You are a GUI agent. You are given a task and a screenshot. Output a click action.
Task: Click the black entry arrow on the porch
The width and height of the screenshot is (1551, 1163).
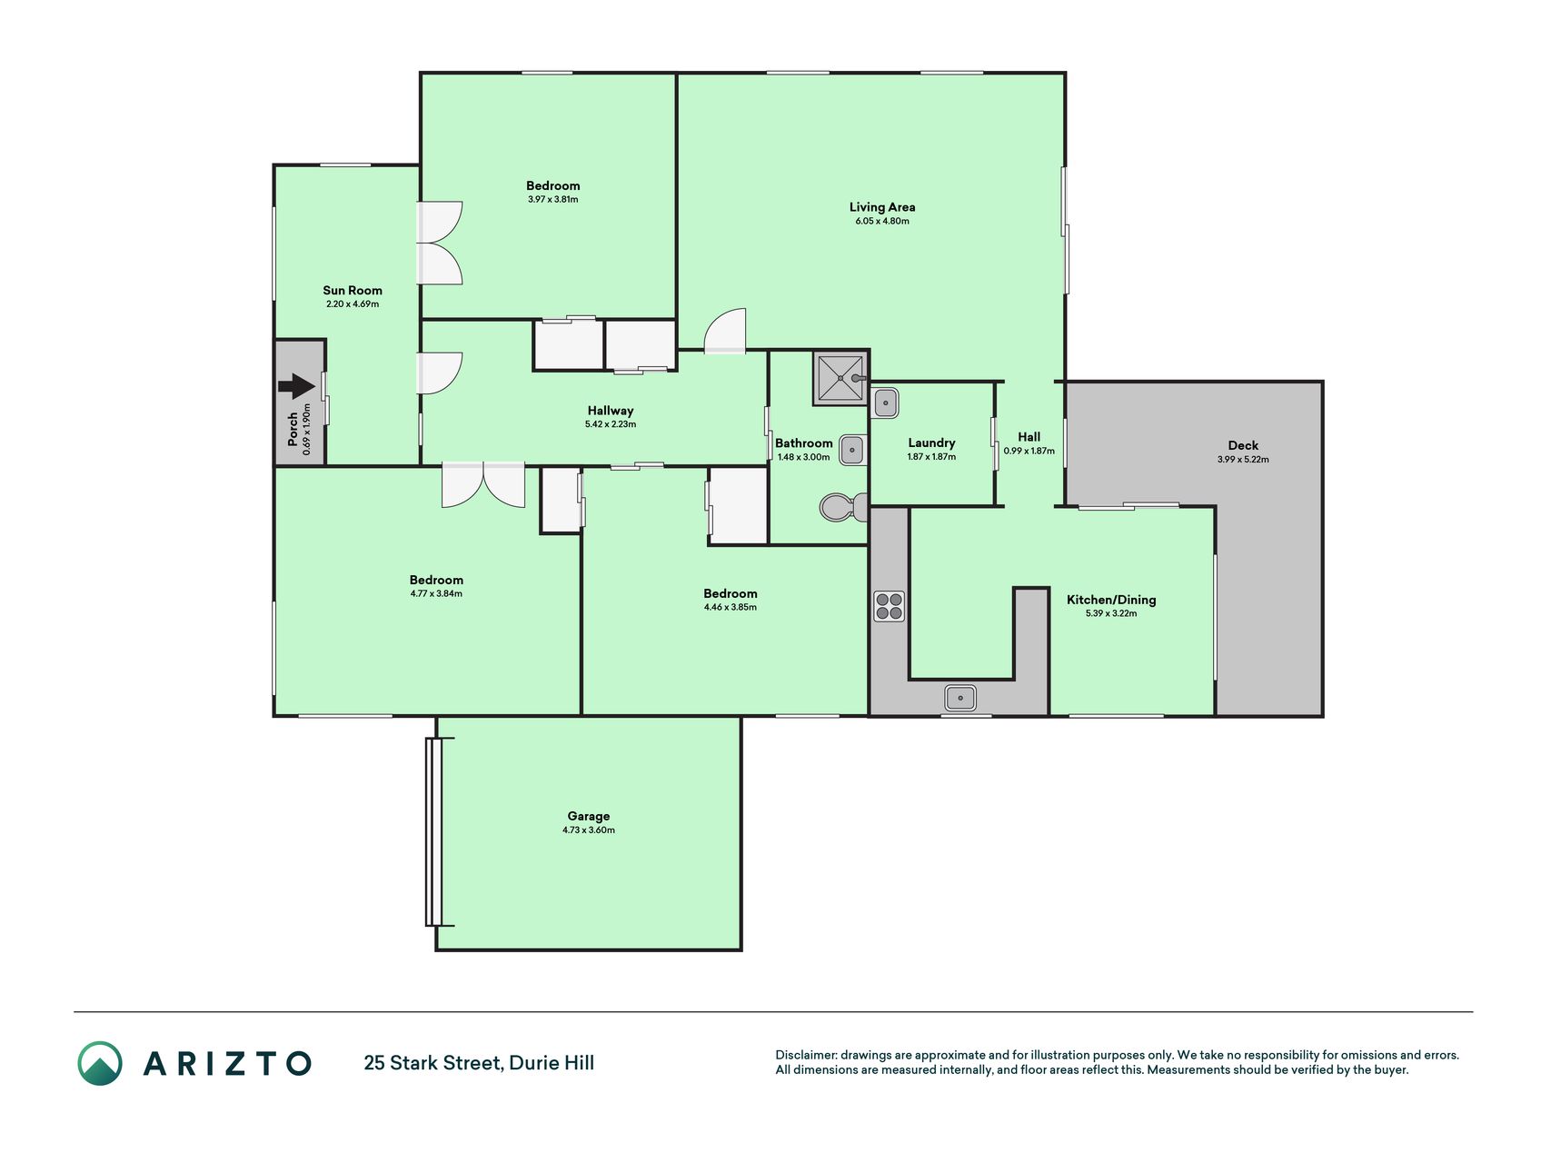point(296,386)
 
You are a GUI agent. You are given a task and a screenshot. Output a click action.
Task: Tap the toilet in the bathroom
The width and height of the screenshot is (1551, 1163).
point(843,507)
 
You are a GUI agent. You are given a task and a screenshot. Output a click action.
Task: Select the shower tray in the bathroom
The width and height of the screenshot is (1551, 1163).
point(840,378)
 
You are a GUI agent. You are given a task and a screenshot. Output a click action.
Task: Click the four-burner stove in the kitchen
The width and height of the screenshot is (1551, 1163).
point(889,606)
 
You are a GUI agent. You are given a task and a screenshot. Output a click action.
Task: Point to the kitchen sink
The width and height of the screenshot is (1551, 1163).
point(960,698)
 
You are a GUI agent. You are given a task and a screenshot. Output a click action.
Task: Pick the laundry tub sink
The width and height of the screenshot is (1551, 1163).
point(886,403)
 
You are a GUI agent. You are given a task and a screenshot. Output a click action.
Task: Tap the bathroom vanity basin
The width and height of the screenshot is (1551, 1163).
point(852,449)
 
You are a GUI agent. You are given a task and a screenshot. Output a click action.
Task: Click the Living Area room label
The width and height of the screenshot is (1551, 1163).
point(882,207)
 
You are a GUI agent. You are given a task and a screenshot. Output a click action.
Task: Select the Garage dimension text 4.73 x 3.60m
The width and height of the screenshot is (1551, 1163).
point(589,830)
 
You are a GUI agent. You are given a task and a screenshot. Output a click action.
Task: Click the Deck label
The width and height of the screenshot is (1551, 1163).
point(1243,445)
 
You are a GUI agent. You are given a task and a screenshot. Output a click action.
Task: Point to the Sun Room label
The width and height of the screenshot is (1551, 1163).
point(353,291)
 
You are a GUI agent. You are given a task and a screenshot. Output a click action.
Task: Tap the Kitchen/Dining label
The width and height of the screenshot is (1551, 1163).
point(1111,600)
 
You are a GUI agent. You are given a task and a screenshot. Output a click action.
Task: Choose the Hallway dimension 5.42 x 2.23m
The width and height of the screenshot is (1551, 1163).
point(611,424)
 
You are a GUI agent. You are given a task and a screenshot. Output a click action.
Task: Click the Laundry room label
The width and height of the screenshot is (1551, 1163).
point(931,443)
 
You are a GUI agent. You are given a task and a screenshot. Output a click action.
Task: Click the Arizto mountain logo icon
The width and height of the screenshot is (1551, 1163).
point(100,1063)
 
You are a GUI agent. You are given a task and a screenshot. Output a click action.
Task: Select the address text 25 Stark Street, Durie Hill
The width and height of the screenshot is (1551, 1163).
point(479,1063)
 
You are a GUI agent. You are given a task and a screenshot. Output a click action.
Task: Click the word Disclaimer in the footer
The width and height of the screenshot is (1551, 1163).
point(806,1055)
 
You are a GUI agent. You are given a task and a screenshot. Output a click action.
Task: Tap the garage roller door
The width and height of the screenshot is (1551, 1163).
point(433,831)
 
